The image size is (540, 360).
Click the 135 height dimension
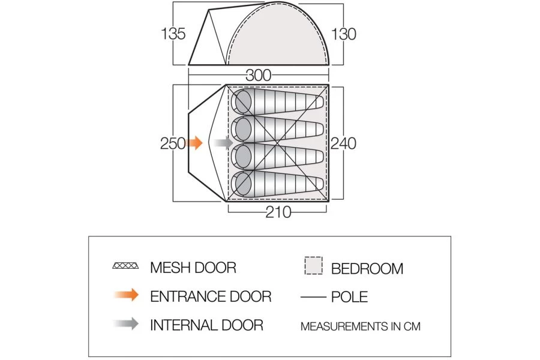coord(173,34)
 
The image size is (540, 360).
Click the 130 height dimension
coord(343,34)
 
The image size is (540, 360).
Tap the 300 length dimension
coord(259,76)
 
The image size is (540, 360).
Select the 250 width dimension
coord(173,143)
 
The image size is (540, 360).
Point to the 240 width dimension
coord(343,143)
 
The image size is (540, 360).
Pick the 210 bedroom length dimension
coord(278,212)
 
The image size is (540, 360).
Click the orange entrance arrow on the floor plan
coord(194,143)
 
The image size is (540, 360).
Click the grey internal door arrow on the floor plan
coord(224,143)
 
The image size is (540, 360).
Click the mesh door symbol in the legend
coord(126,266)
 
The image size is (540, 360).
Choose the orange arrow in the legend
coord(127,295)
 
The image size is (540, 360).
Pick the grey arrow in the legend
coord(127,324)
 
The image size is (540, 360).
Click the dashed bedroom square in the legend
coord(314,266)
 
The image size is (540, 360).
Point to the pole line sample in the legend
coord(313,296)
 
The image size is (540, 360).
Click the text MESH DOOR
coord(193,268)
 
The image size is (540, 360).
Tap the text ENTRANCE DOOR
coord(211,296)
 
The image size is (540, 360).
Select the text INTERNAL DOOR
coord(206,325)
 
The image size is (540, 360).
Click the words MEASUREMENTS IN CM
coord(361,326)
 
